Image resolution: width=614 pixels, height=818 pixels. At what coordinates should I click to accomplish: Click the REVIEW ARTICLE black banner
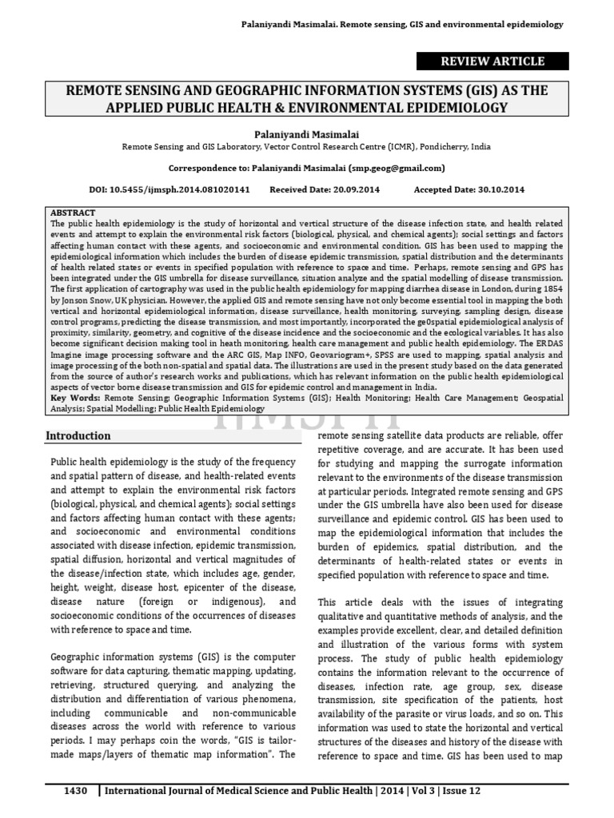point(493,62)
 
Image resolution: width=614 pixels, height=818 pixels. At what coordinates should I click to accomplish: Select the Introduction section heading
point(78,436)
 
